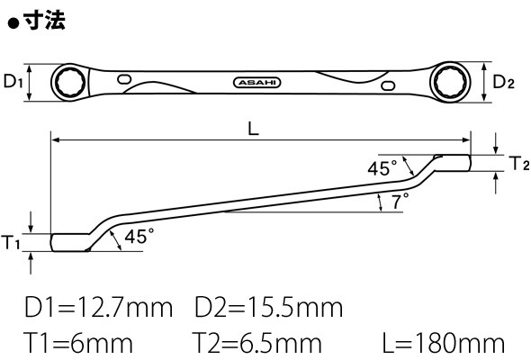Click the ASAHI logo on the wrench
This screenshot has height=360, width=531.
[257, 83]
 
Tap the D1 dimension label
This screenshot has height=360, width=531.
[13, 81]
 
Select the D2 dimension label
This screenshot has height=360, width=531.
[503, 82]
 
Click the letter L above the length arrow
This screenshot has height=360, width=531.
[253, 129]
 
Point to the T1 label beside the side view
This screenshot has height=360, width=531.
[11, 242]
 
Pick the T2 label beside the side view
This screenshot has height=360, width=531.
[519, 163]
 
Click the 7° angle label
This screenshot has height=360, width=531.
[400, 201]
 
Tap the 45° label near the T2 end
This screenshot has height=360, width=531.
[382, 168]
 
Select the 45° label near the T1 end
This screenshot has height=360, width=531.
[139, 236]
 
